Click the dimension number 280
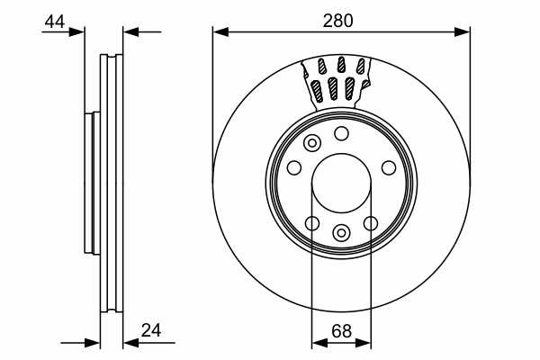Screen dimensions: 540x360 click(x=337, y=21)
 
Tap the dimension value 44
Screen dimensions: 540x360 click(x=54, y=22)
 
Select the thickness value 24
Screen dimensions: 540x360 click(x=151, y=330)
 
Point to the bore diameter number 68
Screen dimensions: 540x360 click(x=341, y=331)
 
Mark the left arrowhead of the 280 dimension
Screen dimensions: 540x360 click(x=220, y=32)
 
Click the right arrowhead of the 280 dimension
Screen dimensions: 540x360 click(x=463, y=32)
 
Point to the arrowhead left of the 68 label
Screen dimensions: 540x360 click(x=319, y=343)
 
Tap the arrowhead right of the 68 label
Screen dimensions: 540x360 click(x=364, y=343)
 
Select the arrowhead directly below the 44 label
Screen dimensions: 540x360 click(x=76, y=32)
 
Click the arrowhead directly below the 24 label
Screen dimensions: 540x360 click(x=130, y=343)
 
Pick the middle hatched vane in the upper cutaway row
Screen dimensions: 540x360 click(x=341, y=65)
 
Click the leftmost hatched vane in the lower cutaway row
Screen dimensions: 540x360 click(x=317, y=91)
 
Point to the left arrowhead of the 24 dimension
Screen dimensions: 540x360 click(x=92, y=343)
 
